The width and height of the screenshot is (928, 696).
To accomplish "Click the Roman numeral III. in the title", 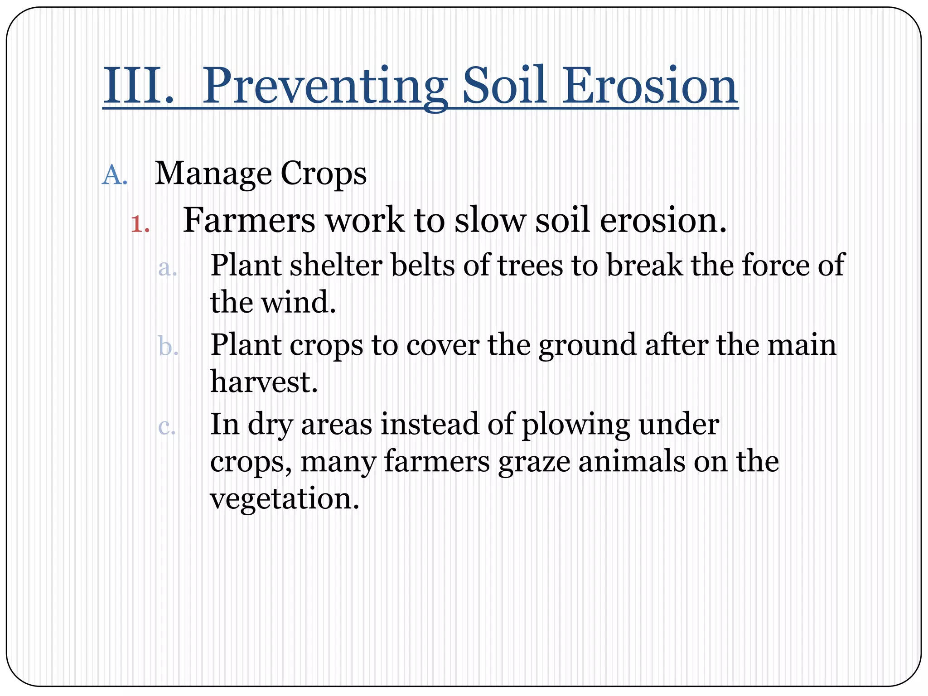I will point(138,86).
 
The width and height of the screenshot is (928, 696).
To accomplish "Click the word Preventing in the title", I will point(324,86).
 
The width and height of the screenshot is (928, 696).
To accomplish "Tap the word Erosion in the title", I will point(650,86).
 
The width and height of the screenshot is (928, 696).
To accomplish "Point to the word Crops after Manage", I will point(323,174).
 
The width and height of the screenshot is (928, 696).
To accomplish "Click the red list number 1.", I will point(140,224).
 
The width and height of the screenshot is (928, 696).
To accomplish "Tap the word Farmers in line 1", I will point(248,220).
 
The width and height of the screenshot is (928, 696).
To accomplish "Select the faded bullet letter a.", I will point(167,268).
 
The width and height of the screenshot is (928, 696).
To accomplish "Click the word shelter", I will point(336,266).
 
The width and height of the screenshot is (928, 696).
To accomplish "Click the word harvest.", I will point(264,382).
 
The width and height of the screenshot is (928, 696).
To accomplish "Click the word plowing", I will point(575,425).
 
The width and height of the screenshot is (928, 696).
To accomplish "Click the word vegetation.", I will point(284,499).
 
